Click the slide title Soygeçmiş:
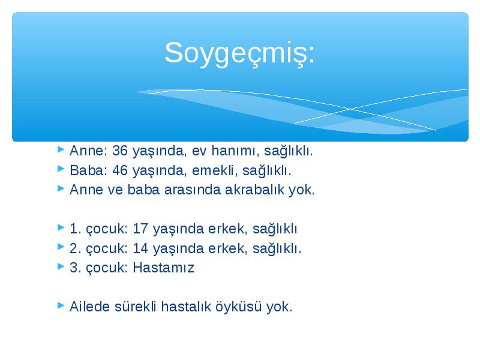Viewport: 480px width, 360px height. (239, 53)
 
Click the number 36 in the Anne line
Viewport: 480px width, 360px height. (120, 151)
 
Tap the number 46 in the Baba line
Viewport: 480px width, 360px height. (120, 170)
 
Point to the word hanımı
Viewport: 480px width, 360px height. (235, 151)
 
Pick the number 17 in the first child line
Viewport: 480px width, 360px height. (140, 229)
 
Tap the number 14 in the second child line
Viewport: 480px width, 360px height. (140, 248)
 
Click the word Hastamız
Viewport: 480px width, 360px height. (163, 268)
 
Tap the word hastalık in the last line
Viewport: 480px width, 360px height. (186, 307)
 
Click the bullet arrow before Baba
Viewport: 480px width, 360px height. (61, 169)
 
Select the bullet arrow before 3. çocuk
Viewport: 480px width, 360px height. (61, 266)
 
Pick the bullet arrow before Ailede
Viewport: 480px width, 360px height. (61, 305)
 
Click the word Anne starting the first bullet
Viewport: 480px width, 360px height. (86, 151)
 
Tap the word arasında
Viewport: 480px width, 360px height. (192, 190)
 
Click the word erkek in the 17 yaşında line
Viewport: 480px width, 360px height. (227, 229)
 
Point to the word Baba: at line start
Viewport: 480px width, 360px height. (88, 170)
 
